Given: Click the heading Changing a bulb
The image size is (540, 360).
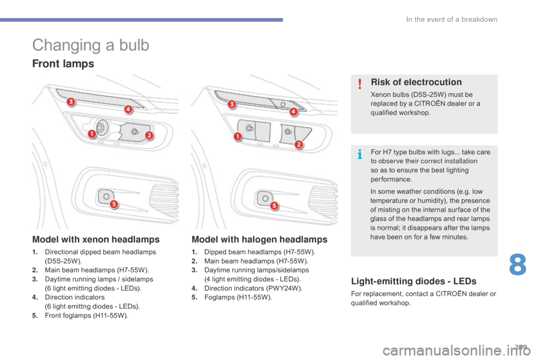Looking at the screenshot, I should pos(91,45).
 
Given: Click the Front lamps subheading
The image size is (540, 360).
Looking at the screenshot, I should pos(63,64).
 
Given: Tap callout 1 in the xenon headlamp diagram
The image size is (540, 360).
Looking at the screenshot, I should pos(91,134).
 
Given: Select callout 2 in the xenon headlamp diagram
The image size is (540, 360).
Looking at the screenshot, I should pos(150,136).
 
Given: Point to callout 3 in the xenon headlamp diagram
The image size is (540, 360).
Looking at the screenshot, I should pos(70,102).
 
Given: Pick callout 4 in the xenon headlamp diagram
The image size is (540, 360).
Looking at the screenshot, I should pos(128,109).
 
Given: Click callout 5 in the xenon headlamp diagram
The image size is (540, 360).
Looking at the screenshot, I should pos(113,204).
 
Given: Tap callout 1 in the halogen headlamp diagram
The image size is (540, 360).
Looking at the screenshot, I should pos(237,137).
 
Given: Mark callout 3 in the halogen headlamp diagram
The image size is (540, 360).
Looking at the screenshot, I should pos(231,103).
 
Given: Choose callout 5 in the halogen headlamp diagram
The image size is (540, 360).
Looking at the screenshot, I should pos(274,206).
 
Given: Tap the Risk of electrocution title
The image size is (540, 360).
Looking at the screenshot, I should pos(416,82).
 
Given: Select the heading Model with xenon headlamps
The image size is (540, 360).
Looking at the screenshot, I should pos(95,239).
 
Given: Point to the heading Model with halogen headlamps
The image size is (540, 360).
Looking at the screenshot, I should pos(259,239).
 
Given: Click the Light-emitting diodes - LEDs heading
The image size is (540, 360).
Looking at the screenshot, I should pos(413,281).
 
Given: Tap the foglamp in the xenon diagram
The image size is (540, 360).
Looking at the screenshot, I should pos(103,195).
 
